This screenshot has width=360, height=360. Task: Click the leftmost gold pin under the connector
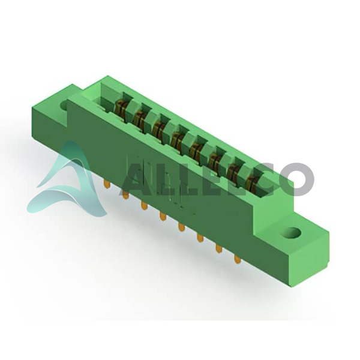[x=107, y=184]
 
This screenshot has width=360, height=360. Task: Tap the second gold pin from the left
[x=125, y=194]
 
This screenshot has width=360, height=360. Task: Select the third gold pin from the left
[x=144, y=205]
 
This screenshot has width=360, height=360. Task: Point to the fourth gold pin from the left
[x=163, y=217]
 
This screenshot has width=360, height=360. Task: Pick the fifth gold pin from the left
[x=181, y=227]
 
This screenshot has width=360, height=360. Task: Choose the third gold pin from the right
[x=200, y=238]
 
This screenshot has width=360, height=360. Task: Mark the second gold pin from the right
[x=218, y=248]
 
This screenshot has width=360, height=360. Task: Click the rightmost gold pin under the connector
[x=238, y=259]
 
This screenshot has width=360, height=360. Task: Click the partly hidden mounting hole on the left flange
[x=64, y=105]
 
